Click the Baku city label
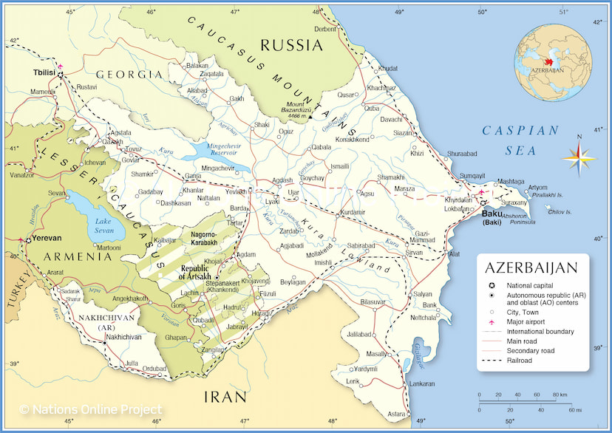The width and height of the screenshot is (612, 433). pyautogui.click(x=491, y=214)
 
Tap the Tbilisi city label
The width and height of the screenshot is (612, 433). pyautogui.click(x=45, y=74)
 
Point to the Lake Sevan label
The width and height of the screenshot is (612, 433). pyautogui.click(x=103, y=225)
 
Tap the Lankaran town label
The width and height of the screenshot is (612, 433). pyautogui.click(x=422, y=383)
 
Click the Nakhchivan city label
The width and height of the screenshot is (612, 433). pyautogui.click(x=123, y=336)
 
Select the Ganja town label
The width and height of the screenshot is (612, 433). pyautogui.click(x=192, y=176)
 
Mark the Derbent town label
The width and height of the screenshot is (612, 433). pyautogui.click(x=325, y=29)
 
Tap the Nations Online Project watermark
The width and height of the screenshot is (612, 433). pyautogui.click(x=90, y=409)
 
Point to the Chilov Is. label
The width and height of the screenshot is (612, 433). pyautogui.click(x=560, y=211)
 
